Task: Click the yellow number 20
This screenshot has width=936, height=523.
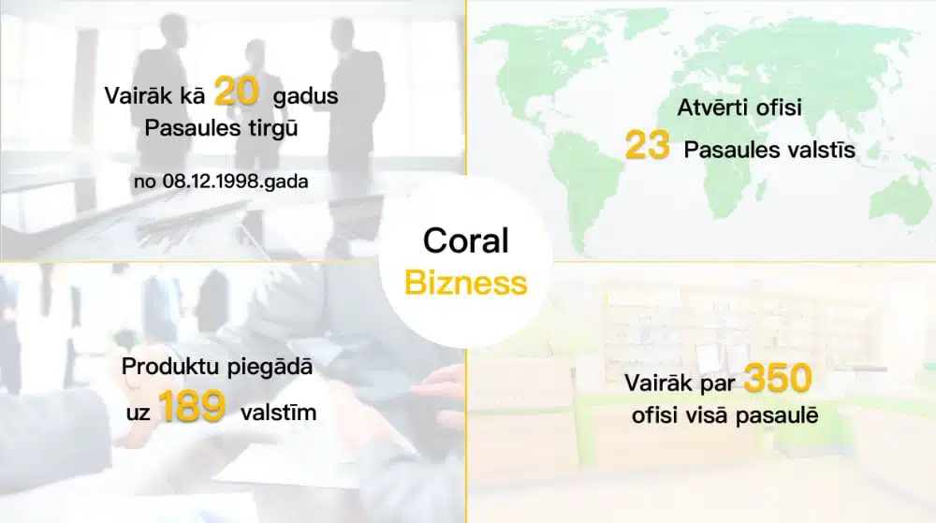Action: coord(237,92)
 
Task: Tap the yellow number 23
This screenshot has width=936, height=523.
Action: coord(647,146)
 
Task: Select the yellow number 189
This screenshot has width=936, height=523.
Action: coord(192,407)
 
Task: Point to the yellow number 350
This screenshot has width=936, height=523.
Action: coord(778,378)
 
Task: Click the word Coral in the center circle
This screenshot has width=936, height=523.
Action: coord(465,240)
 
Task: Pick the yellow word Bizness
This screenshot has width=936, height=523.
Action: coord(465,282)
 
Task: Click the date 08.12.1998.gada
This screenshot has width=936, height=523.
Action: coord(235,182)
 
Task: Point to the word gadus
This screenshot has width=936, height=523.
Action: coord(306,96)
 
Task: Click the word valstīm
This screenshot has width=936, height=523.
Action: coord(278,412)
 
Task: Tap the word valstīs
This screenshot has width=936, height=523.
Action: coord(821,150)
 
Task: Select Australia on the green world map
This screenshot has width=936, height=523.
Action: coord(899,199)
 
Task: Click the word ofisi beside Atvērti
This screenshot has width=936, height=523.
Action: coord(779,108)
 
